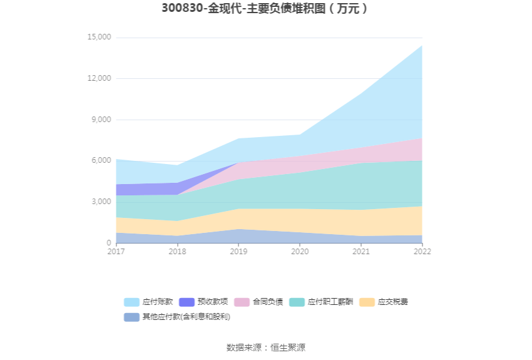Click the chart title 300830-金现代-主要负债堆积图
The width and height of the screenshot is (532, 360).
coord(265,9)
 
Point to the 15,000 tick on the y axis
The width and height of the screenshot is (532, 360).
coord(99,38)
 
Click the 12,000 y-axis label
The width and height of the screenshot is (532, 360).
coord(99,78)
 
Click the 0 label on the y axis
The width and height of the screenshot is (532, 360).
coord(108,243)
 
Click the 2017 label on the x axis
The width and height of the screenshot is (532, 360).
coord(116,252)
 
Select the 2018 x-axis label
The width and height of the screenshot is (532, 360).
coord(177,252)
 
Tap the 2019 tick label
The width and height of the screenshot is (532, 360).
coord(238,252)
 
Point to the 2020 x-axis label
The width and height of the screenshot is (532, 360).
coord(300,252)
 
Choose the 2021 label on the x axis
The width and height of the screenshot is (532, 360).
coord(361,252)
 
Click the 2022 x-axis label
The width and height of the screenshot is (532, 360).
coord(422,252)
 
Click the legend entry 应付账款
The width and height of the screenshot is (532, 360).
coord(148,302)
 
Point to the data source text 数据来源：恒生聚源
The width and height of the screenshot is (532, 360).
coord(265,347)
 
